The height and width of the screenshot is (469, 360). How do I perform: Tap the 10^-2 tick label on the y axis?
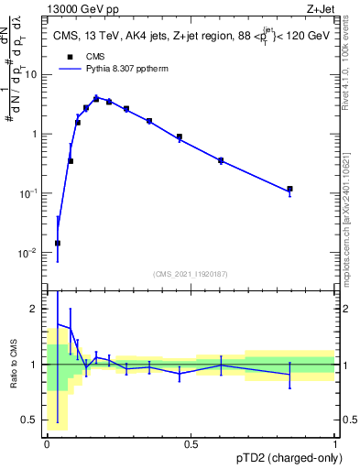tap(28, 253)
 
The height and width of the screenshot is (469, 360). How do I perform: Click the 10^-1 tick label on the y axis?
tap(28, 193)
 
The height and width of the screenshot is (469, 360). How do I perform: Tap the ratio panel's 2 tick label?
tap(36, 309)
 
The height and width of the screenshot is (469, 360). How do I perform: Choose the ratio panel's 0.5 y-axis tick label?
tap(31, 421)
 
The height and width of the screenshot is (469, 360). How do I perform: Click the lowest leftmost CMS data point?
tap(58, 244)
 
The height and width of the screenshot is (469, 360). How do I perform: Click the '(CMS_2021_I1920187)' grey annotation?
tap(191, 273)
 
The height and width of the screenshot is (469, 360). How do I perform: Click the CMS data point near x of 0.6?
tap(221, 160)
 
